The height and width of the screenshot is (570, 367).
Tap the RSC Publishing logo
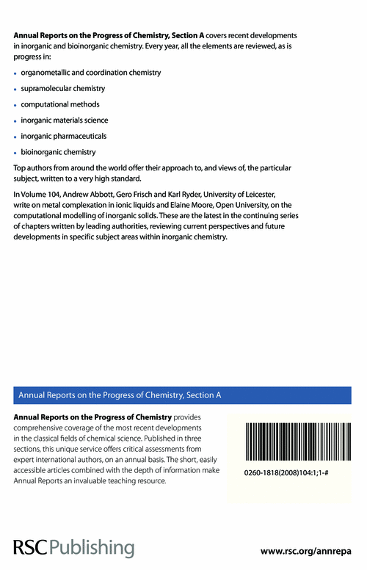click(x=73, y=547)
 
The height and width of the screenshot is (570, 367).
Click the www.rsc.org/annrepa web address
click(x=312, y=549)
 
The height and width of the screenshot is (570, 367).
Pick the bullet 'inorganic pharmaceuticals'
click(x=64, y=136)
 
